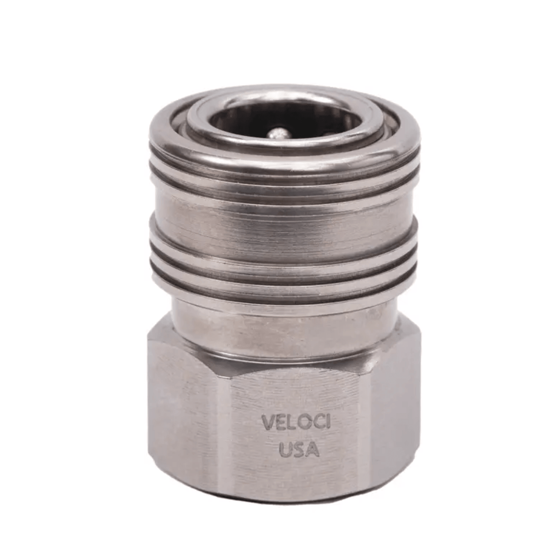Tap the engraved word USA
pos(299,450)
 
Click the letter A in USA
pos(313,450)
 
